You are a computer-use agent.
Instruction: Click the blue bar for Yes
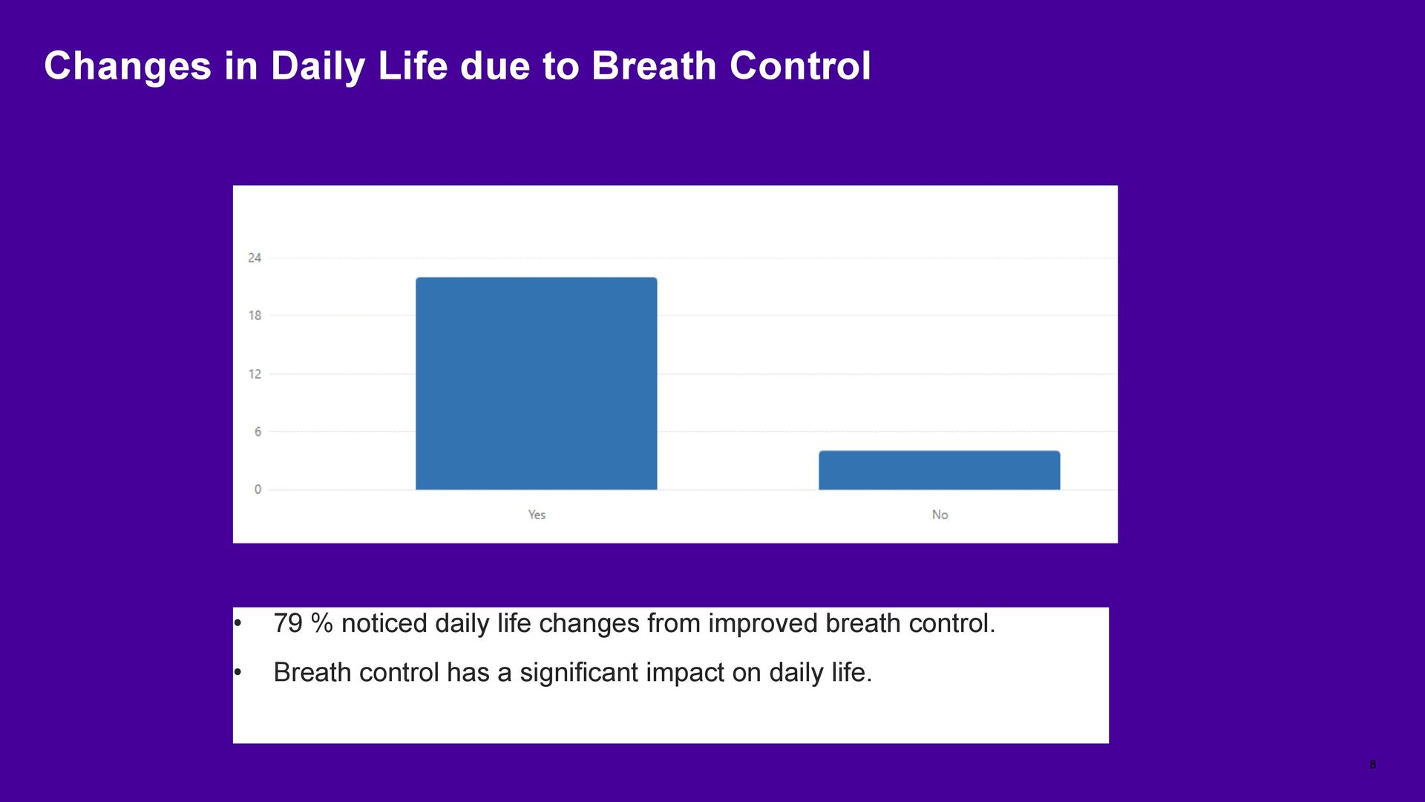(536, 383)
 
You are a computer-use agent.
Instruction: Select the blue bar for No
(939, 470)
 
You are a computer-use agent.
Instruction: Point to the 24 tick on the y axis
(255, 258)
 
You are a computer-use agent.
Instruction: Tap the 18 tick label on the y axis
(255, 316)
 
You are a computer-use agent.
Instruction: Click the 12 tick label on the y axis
(255, 374)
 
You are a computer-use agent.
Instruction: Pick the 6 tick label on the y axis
(258, 431)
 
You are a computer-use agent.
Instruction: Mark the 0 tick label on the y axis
(258, 489)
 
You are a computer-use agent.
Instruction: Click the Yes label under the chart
(537, 515)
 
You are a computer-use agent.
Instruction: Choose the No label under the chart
(940, 515)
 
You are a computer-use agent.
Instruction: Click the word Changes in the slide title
(128, 67)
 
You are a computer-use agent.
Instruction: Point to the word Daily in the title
(318, 67)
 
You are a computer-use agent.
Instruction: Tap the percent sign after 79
(322, 624)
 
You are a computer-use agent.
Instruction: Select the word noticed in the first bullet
(384, 624)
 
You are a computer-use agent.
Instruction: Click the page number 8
(1373, 765)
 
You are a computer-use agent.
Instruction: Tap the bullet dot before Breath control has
(237, 673)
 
